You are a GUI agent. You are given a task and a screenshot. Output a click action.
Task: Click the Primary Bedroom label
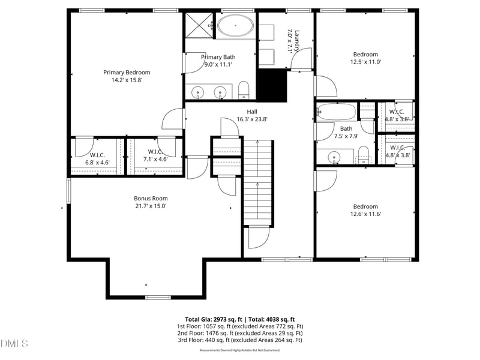pos(127,73)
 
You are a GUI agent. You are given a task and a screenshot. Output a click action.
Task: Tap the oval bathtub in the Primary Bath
pos(235,25)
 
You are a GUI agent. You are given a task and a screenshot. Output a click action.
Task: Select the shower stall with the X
pos(199,25)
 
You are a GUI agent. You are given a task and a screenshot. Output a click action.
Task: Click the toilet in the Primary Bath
pos(244,90)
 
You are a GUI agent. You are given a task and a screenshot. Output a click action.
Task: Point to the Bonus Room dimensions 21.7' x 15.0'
pos(151,206)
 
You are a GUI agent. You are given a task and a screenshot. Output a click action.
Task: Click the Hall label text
pos(252,112)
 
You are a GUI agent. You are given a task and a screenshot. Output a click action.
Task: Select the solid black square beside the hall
pos(272,85)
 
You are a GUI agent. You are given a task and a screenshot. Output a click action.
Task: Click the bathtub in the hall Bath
pos(336,112)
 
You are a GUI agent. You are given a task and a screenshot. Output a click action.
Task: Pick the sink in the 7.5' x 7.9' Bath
pos(334,157)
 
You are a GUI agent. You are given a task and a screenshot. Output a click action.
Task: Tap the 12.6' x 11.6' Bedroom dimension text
pos(365,214)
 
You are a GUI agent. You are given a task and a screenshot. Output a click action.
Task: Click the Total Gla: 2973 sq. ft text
pos(214,320)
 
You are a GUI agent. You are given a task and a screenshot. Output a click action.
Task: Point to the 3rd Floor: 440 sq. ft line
pos(239,340)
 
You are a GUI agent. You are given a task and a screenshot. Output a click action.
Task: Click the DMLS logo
pos(14,343)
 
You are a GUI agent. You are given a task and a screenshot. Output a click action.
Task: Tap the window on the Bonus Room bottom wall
pos(158,297)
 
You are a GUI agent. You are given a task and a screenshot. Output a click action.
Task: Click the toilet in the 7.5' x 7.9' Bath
pos(364,155)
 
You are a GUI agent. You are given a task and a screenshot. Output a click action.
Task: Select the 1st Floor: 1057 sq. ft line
pos(240,326)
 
